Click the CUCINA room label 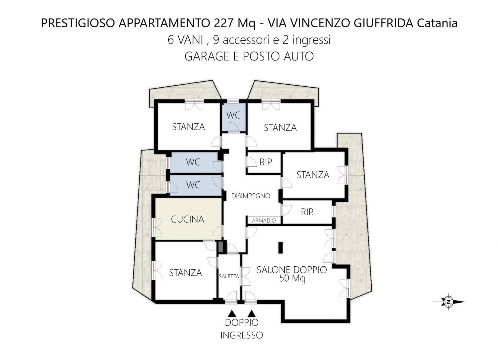coord(188,219)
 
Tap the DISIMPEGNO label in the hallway coord(251,196)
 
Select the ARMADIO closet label coord(264,221)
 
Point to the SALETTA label coord(229,276)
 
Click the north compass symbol coord(449,302)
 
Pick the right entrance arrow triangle coord(252,314)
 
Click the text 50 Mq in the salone coord(292,278)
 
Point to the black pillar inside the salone coord(281,247)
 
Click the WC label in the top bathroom coord(233,115)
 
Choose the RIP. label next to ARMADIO coord(307,212)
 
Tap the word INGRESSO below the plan coord(242,335)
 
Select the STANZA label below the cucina coord(185,273)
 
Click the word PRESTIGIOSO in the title coord(78,23)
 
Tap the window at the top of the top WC coord(233,101)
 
